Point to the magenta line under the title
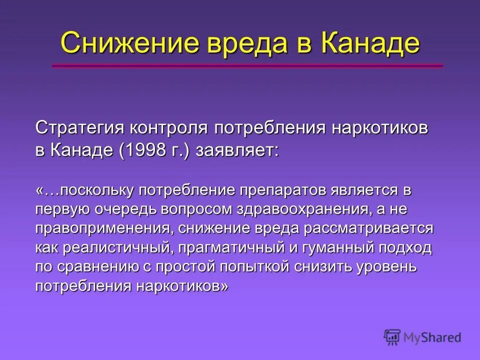(247, 65)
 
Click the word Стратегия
(79, 128)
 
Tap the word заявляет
(237, 151)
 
